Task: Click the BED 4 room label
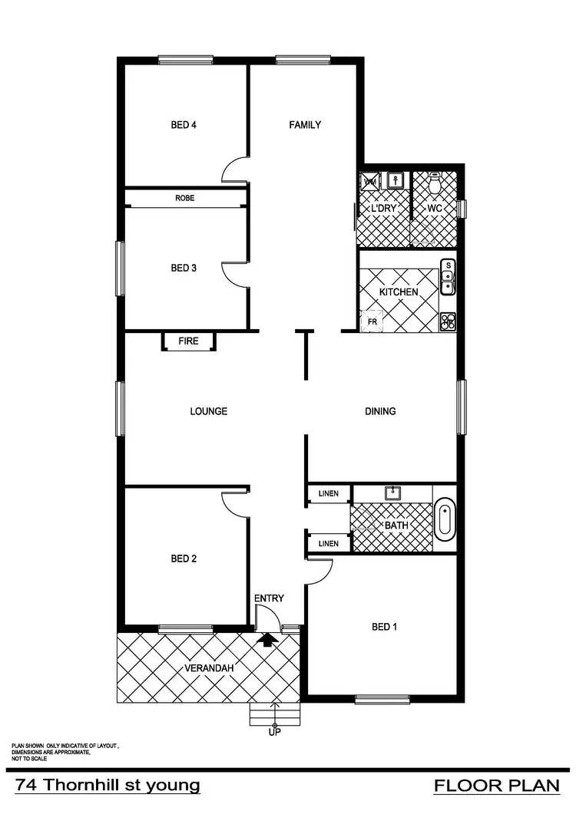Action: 184,125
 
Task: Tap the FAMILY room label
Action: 305,125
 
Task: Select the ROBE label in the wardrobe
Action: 184,198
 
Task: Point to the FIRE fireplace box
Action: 188,341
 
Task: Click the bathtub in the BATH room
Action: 445,519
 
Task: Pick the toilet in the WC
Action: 435,183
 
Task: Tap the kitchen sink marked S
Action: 447,276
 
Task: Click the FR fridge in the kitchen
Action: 372,321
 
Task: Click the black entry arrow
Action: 268,638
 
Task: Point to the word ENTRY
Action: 269,598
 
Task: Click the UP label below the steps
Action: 274,733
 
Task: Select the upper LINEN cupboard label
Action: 328,494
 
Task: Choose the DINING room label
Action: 380,411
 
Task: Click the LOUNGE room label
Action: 209,411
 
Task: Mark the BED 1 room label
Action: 384,627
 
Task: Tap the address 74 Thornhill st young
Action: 108,786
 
